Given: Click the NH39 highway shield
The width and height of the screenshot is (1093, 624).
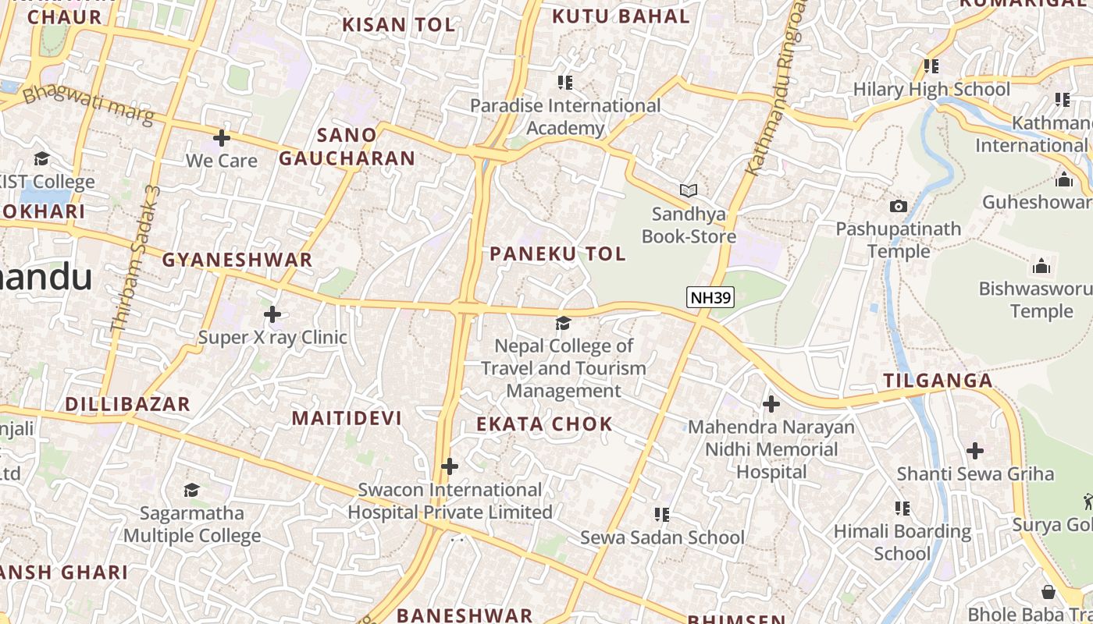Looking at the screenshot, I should pos(710,296).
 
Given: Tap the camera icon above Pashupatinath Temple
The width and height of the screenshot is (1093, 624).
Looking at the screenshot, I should pos(899,206).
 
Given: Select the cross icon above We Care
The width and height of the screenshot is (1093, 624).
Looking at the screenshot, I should pos(222,138).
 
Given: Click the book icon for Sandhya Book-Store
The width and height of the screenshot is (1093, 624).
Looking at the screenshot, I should pos(688,190).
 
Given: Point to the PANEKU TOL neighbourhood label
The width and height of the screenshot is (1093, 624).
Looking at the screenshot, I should pos(557,253).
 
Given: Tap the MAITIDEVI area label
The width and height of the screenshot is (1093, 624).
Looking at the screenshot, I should pos(347,418).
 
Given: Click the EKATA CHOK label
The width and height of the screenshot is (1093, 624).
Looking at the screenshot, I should pos(545,424).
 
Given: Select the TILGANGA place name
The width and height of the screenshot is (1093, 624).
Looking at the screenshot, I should pos(938,381).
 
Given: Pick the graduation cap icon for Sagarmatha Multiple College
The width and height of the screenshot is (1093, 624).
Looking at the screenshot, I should pos(191,490).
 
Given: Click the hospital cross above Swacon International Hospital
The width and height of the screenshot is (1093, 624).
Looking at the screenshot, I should pos(450,466).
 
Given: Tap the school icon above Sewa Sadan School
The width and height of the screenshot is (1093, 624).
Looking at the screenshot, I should pos(662,514).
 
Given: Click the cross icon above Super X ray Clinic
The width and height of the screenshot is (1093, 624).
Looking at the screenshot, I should pos(272,314).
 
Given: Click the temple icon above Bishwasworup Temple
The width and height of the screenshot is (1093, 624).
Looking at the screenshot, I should pos(1041,267).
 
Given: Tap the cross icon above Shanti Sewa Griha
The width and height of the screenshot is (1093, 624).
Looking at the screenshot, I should pos(974,450).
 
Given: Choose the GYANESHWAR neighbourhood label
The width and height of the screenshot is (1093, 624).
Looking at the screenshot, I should pos(237,260).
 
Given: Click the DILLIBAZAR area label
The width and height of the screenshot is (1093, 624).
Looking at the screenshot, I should pos(128,404).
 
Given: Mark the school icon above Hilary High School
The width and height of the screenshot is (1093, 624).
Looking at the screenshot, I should pos(931,66).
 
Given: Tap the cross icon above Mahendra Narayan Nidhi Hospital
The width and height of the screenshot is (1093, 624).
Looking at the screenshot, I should pos(771,404).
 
